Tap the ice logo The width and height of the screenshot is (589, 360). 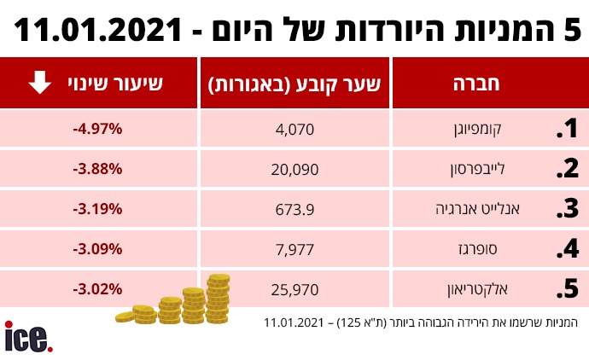click(28, 337)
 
